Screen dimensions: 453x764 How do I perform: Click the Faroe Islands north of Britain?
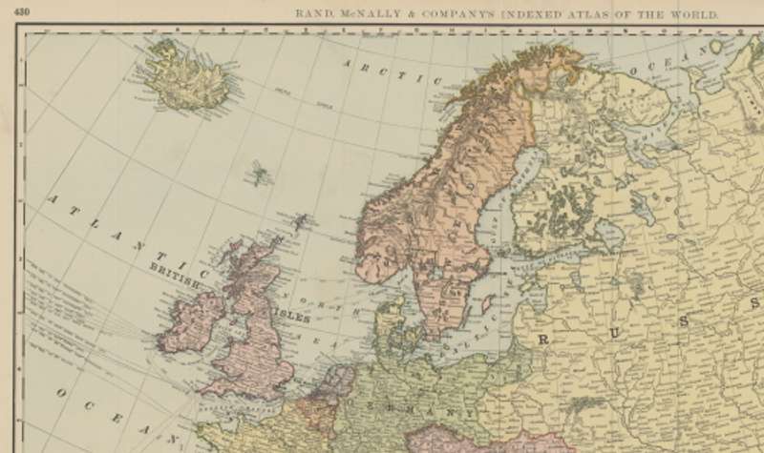tap(258, 175)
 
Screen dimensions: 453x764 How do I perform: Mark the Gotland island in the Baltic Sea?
tap(485, 303)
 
